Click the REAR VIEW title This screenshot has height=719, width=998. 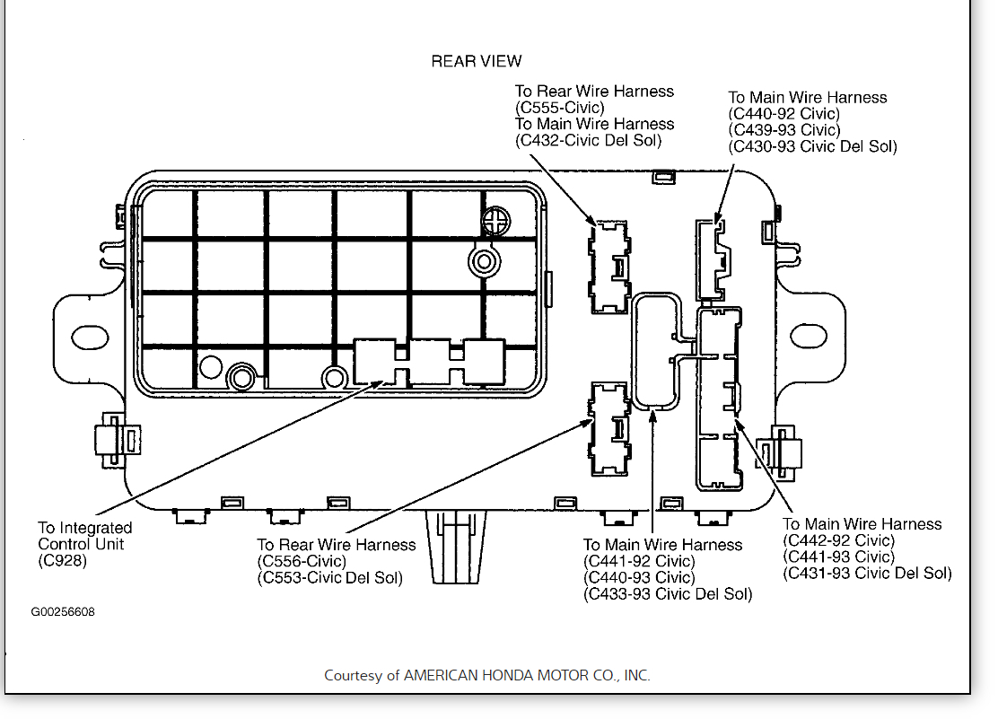[x=476, y=61]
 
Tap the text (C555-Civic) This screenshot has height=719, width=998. [x=560, y=108]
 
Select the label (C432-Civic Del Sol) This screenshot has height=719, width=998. [x=588, y=140]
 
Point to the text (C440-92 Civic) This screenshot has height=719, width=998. [x=784, y=114]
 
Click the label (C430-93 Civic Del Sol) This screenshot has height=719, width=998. [x=812, y=146]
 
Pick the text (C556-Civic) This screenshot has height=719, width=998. [x=302, y=561]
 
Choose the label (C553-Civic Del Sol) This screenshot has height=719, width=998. [x=329, y=578]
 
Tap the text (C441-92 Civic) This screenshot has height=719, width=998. [x=639, y=561]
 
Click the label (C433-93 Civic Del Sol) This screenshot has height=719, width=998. [x=667, y=593]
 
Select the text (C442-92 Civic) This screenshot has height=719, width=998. [x=839, y=540]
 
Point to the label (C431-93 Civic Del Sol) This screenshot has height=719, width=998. [x=867, y=573]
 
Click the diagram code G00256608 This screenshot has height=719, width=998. [x=63, y=612]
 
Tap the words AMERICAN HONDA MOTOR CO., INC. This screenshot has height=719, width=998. [x=527, y=675]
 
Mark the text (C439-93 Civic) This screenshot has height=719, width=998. [x=784, y=130]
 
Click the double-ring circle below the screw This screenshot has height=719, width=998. [x=484, y=262]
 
